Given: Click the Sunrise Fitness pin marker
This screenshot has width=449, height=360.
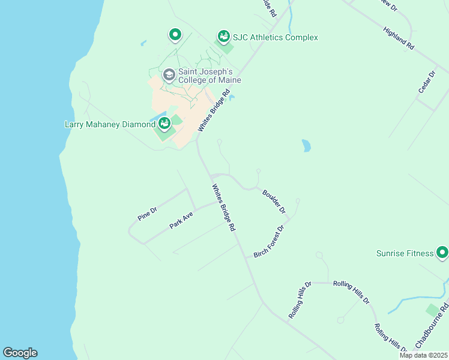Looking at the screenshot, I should tap(442, 253).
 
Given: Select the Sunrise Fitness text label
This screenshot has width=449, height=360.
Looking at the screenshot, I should tap(405, 253).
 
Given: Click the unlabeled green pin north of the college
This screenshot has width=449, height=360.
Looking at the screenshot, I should tap(175, 35).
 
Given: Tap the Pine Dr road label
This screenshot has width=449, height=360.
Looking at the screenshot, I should tap(147, 214).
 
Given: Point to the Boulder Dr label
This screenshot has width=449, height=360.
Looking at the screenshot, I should tap(274, 202).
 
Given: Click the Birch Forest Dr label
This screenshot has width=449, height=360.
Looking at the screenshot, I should tap(272, 241).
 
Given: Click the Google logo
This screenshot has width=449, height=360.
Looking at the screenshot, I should tap(20, 353).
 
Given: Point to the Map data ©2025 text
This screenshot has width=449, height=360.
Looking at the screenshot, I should tap(423, 355).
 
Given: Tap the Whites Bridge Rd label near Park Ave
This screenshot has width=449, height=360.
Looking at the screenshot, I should tap(223, 208).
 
